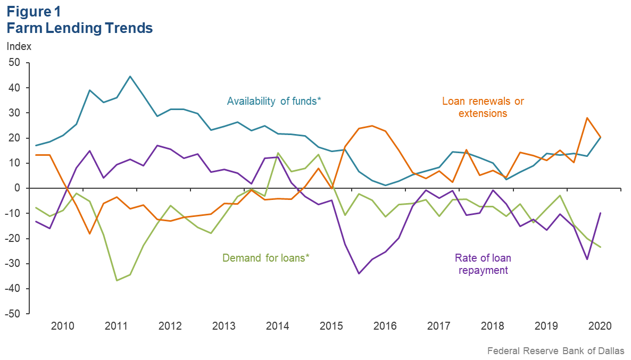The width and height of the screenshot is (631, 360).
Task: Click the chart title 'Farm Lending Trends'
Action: point(80,28)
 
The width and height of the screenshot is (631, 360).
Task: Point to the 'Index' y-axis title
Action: point(19,46)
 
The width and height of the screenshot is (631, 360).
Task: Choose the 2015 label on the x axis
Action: point(331,325)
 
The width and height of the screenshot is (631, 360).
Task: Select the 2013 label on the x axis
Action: point(224,325)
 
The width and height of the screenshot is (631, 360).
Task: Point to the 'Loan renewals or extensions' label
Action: point(479,107)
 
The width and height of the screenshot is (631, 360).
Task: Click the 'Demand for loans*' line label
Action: point(266,258)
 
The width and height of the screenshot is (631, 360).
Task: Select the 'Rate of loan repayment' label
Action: point(483,264)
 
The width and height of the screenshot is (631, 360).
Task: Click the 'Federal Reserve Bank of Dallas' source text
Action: point(555,351)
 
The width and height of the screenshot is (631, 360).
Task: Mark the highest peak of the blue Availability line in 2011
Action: point(130,76)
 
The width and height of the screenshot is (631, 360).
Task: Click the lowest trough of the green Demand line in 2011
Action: point(117,280)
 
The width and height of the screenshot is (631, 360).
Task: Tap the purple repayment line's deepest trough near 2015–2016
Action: point(359,273)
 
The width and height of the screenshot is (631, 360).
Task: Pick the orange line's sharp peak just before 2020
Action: point(587,118)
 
